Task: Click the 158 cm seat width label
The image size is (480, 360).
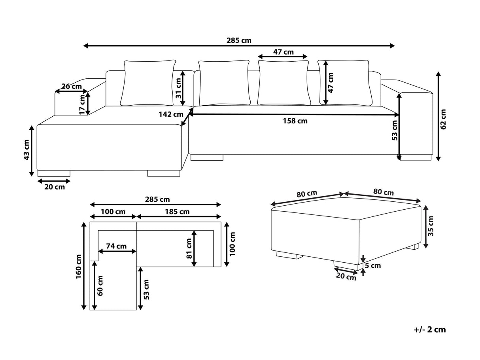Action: point(295,121)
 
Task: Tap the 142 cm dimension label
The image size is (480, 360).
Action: point(170,114)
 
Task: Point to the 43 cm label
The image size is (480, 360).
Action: point(26,150)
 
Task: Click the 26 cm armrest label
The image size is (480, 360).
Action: point(72,86)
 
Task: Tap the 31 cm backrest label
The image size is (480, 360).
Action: point(178,88)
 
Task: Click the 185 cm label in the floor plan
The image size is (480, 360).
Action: point(178,212)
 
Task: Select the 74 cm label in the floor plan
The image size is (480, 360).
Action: point(116,246)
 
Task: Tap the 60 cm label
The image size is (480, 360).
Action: point(100,286)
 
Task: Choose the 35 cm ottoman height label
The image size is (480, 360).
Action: point(431,226)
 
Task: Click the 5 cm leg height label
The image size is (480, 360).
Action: point(373,265)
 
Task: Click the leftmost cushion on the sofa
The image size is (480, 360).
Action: point(149,83)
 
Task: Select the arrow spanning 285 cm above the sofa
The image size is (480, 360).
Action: point(239,46)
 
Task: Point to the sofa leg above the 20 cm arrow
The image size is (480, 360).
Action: point(53,173)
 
